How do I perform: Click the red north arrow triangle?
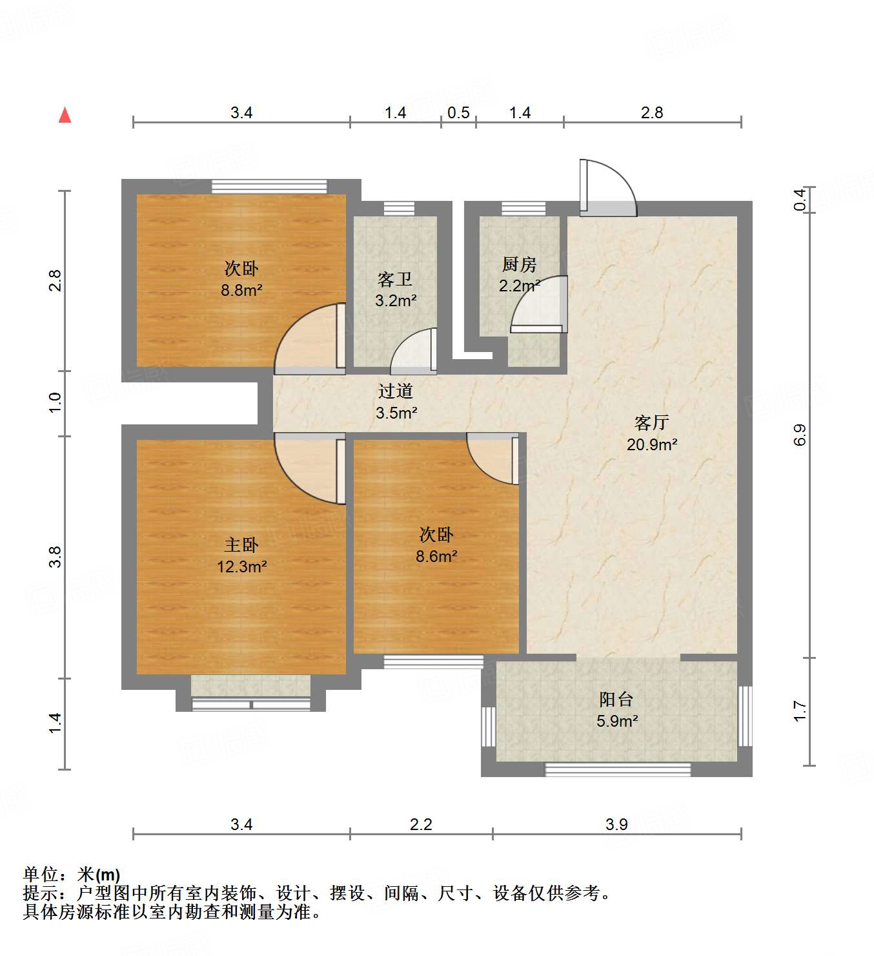(65, 116)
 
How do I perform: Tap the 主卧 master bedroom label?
(241, 545)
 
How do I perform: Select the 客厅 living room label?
(651, 422)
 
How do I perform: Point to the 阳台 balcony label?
(616, 700)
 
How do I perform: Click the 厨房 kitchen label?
(519, 264)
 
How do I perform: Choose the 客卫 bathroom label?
(395, 279)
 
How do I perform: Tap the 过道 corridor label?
(395, 391)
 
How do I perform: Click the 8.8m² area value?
(241, 290)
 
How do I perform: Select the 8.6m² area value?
(436, 556)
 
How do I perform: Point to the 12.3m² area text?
(241, 566)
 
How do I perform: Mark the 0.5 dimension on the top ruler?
(458, 113)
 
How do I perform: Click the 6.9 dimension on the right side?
(800, 435)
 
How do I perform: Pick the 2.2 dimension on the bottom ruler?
(421, 824)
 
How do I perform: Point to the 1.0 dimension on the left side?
(56, 402)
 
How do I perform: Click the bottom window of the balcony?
(618, 770)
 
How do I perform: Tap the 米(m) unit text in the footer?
(99, 875)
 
